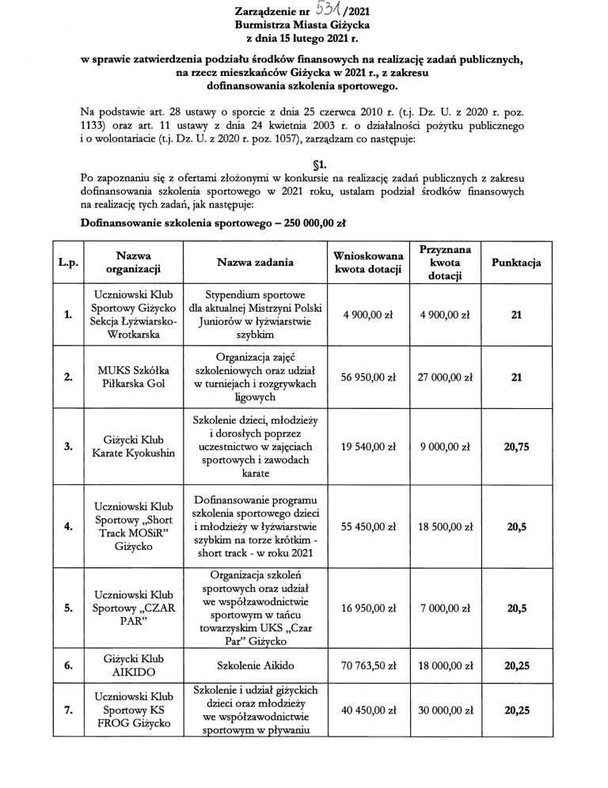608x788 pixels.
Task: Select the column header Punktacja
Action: point(516,262)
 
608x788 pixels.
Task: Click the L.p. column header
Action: point(67,262)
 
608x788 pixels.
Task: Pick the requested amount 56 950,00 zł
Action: point(368,377)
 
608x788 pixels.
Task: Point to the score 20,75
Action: point(516,447)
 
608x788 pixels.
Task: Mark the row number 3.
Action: point(67,447)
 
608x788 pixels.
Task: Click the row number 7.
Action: point(67,710)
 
